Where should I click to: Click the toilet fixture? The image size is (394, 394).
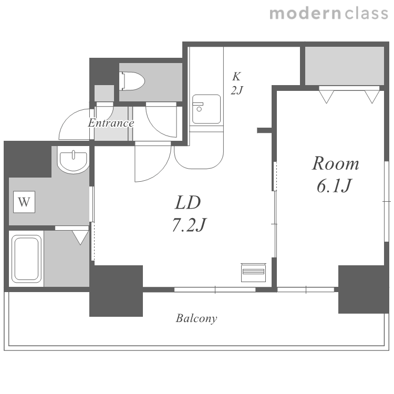(x=133, y=81)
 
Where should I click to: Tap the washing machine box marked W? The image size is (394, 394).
(x=24, y=202)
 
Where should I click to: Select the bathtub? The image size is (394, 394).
(x=26, y=258)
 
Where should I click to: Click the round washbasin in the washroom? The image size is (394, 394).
(x=73, y=160)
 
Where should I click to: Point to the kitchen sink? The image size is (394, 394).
(x=206, y=109)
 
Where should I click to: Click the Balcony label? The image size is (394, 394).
(x=196, y=319)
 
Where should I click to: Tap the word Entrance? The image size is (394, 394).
(x=111, y=123)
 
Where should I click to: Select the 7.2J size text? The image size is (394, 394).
(x=189, y=224)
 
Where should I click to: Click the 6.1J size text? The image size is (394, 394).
(x=334, y=185)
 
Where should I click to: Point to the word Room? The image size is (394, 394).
(x=336, y=163)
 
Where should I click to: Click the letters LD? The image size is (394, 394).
(x=188, y=203)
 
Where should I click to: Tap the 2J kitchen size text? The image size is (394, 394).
(x=236, y=90)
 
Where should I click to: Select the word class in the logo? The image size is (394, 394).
(x=366, y=13)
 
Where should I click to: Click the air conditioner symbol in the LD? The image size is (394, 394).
(x=253, y=272)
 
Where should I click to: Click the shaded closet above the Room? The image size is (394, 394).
(x=345, y=66)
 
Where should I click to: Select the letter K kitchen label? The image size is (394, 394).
(x=236, y=76)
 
